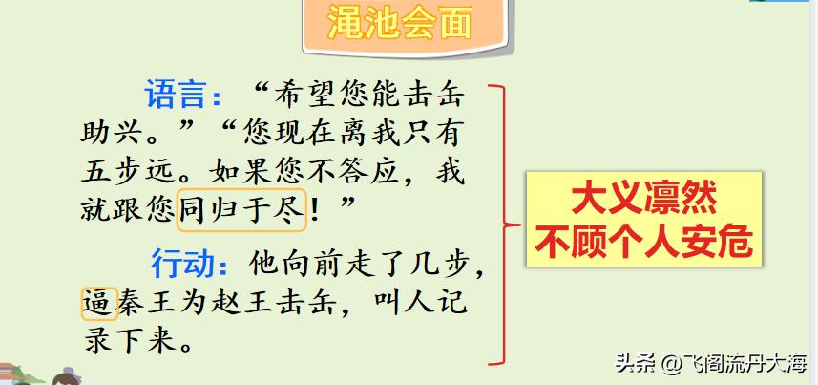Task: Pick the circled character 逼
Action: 99,305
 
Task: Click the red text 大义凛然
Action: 644,200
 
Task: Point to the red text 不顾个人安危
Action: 644,241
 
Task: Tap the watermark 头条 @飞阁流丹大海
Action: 710,363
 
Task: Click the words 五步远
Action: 134,172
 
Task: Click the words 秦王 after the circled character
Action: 152,305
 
